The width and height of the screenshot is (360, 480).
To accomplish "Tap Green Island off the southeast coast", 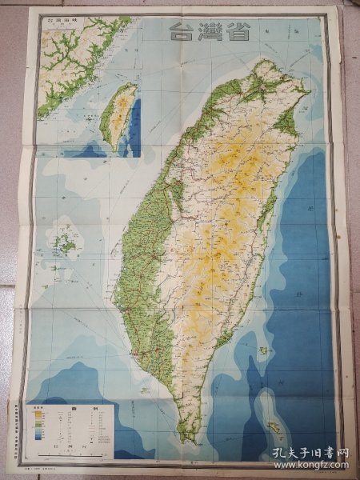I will click(262, 350).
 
